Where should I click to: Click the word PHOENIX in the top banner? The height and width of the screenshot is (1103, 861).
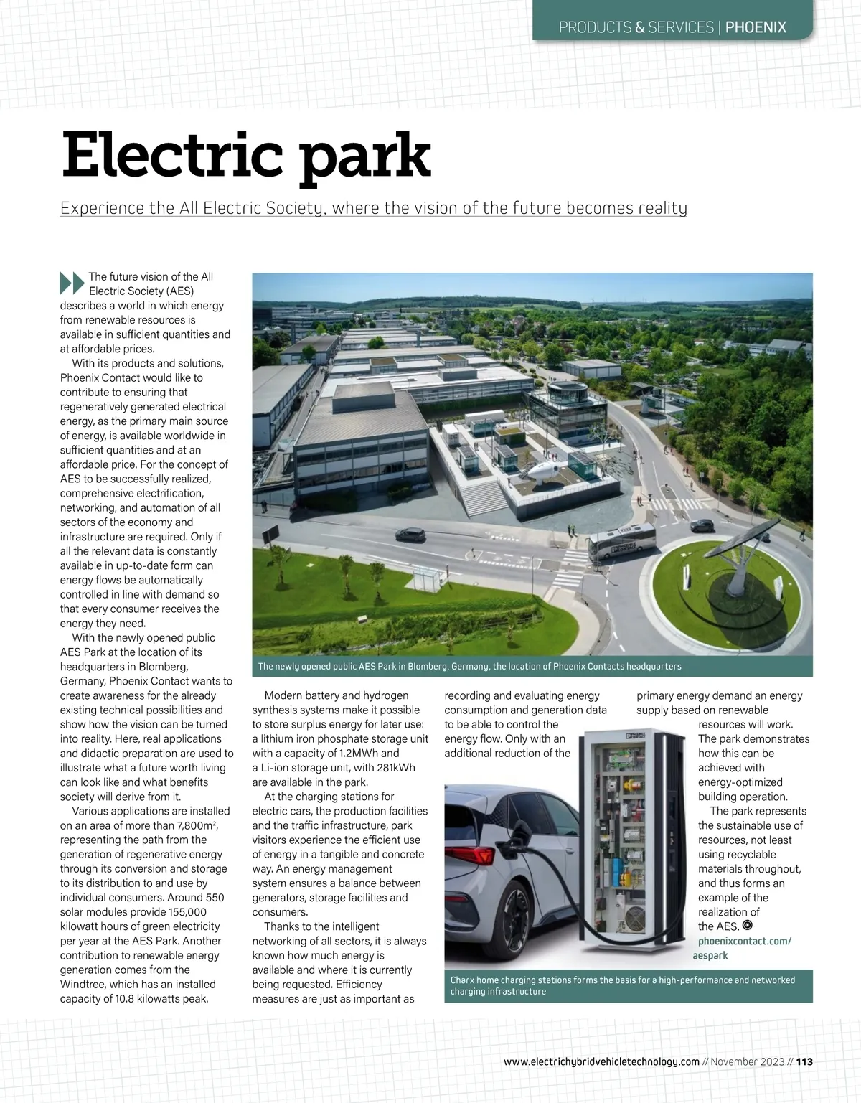click(756, 27)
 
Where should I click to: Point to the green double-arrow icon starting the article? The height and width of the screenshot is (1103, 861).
click(72, 283)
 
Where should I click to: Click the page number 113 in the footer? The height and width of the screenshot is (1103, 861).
click(804, 1061)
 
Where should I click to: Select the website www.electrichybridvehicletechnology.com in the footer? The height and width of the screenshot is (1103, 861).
click(601, 1061)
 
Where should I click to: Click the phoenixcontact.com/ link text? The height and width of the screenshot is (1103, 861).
click(744, 941)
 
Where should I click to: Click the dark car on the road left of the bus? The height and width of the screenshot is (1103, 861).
click(410, 535)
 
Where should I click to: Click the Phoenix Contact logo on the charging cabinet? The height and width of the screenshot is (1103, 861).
click(637, 735)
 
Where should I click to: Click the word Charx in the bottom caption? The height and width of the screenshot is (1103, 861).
click(463, 980)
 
